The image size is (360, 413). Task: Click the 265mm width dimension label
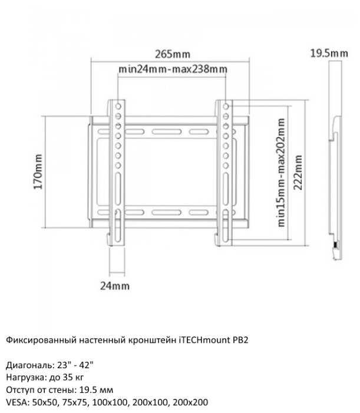point(172,54)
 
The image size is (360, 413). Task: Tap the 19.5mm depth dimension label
point(329,54)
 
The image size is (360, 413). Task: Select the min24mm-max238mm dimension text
point(173,69)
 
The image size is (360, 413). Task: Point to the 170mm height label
point(37,171)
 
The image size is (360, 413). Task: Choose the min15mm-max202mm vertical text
point(281,171)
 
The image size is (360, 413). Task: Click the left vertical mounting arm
point(118,171)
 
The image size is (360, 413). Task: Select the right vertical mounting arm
point(225,171)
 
